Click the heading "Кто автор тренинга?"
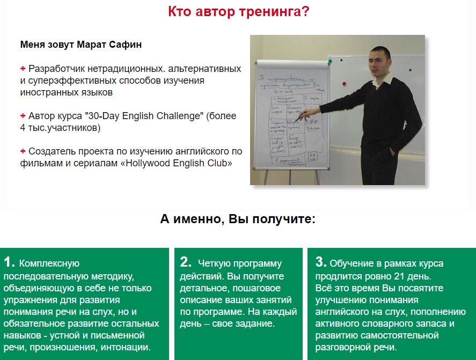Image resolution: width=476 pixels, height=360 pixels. pos(238,11)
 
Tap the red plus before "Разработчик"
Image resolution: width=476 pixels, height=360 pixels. pos(23,69)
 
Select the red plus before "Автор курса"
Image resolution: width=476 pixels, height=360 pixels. pos(23,115)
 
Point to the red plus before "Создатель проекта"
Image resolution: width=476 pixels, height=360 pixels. pos(23,151)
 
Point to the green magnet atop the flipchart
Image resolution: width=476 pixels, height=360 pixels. pos(329,62)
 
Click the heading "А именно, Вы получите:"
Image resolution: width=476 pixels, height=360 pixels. pos(238,219)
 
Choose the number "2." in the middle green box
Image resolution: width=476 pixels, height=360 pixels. pos(186,262)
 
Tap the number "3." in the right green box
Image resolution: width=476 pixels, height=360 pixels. pos(321,262)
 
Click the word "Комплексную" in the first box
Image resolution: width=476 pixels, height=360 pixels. pos(49,263)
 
